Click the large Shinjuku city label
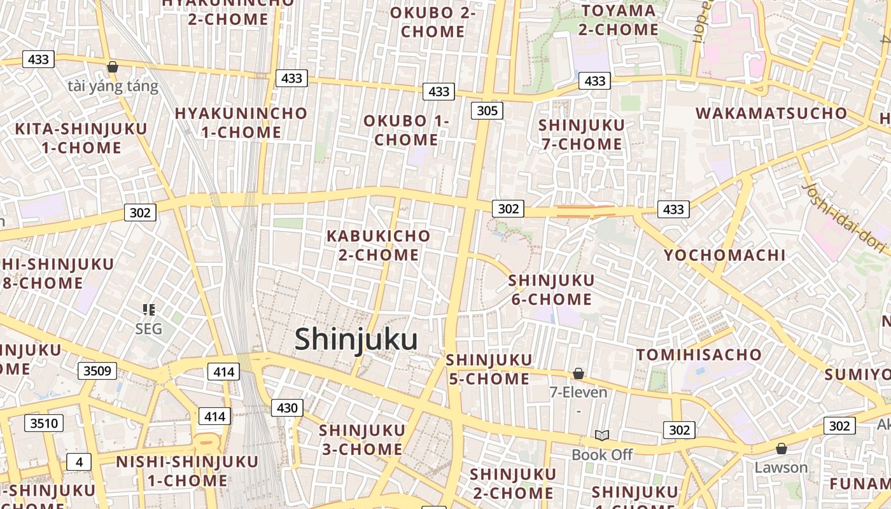click(356, 339)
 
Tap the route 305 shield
click(487, 111)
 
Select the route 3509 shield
click(97, 371)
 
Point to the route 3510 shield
click(44, 422)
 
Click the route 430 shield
click(287, 407)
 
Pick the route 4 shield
click(79, 461)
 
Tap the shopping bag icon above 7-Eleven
click(579, 373)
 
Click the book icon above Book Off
click(602, 435)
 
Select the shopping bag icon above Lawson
click(781, 449)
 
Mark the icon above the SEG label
click(149, 310)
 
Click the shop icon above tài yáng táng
click(113, 67)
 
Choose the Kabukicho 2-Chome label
click(379, 245)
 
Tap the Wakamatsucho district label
click(771, 114)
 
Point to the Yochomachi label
click(725, 255)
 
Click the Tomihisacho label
click(699, 354)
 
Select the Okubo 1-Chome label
click(406, 130)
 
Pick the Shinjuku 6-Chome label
click(551, 289)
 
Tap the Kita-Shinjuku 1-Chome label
click(81, 138)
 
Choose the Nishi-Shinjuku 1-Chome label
click(187, 471)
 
